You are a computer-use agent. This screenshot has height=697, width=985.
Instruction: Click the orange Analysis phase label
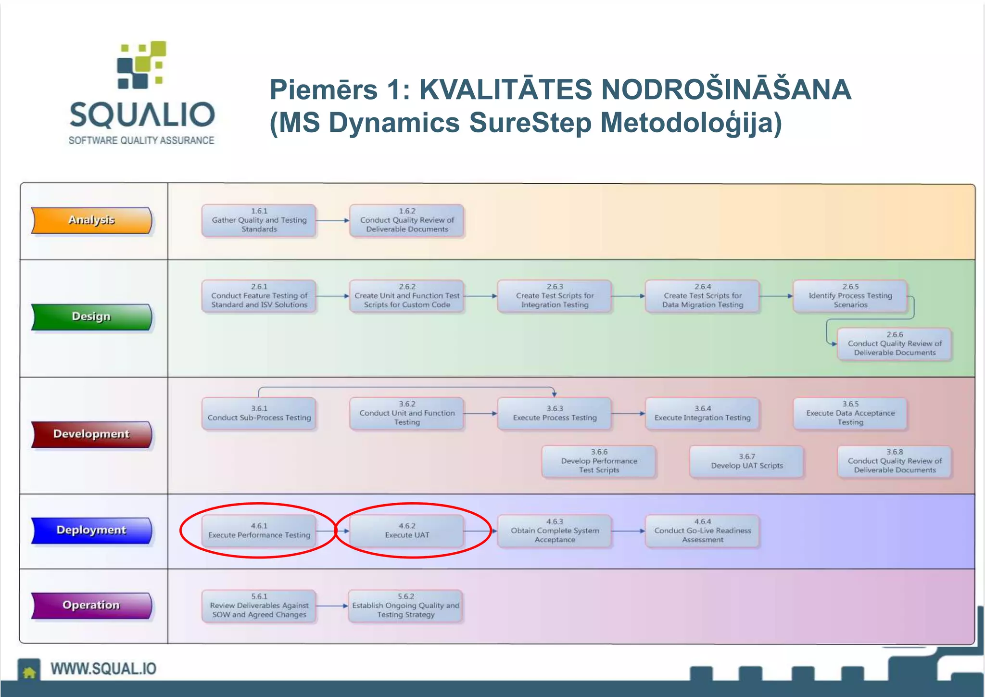(91, 220)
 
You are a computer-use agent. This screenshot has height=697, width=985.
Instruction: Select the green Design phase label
(91, 317)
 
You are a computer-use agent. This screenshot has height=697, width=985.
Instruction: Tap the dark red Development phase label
(91, 434)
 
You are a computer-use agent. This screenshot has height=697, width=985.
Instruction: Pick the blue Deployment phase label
(91, 530)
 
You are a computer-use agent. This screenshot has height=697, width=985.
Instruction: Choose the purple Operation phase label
(91, 605)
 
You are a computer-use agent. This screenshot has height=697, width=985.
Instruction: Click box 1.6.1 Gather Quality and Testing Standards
(259, 220)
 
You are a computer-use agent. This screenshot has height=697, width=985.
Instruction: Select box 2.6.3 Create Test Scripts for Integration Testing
(555, 296)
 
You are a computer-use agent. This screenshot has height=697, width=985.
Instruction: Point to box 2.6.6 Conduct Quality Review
(895, 343)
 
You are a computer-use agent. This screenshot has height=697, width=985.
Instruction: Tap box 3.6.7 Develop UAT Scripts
(746, 461)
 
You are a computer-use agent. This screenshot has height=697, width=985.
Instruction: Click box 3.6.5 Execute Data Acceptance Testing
(850, 413)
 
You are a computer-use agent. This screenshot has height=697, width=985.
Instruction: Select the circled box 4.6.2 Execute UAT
(407, 531)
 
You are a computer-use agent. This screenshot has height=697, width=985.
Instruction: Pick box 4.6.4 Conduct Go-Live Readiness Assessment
(702, 531)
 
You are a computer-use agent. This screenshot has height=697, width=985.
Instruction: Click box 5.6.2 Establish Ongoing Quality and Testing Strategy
(405, 606)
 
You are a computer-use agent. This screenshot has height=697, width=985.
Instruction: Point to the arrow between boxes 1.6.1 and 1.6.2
(332, 220)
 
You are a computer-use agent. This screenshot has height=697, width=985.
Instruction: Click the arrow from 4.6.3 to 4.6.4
(628, 531)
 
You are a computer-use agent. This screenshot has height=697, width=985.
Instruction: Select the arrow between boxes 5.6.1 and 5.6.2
(331, 606)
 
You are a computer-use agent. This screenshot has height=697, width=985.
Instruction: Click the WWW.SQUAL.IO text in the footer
(103, 669)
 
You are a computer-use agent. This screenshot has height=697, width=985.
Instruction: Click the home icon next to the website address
(29, 671)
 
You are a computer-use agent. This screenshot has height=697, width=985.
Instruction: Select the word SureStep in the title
(530, 123)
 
